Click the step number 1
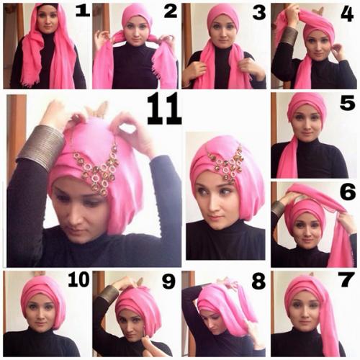(x=83, y=12)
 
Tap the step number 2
(x=171, y=12)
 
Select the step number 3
(x=259, y=12)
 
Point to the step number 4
(x=347, y=14)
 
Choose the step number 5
(x=347, y=103)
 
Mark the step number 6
(x=348, y=192)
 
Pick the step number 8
(x=258, y=281)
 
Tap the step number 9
(x=169, y=281)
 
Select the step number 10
(x=78, y=279)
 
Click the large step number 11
(x=164, y=109)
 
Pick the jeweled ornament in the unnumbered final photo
(x=225, y=166)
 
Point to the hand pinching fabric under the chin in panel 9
(x=153, y=343)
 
